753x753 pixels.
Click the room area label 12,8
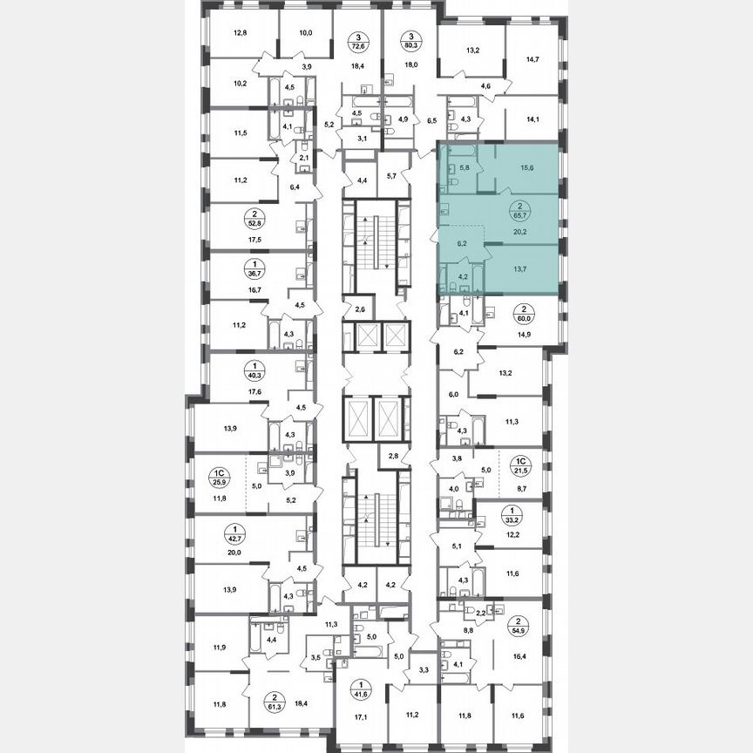click(241, 34)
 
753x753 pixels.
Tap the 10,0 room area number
click(305, 34)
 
